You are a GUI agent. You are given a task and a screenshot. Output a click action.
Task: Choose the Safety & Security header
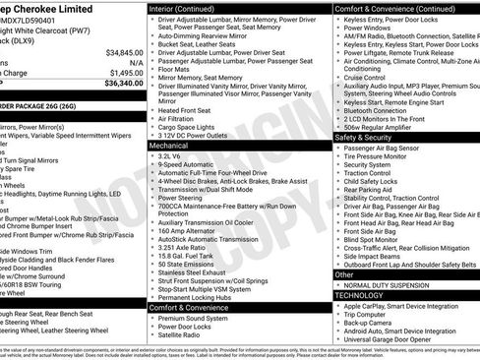click(369, 137)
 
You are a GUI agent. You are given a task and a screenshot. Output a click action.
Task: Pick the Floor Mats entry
click(173, 70)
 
